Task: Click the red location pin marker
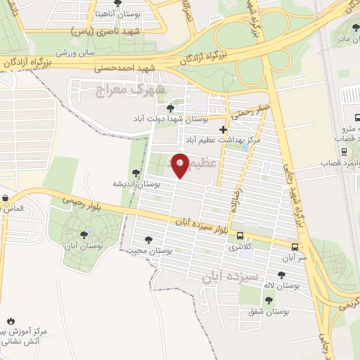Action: (181, 167)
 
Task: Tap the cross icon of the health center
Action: (223, 129)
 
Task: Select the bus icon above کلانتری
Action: (240, 236)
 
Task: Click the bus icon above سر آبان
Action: (295, 247)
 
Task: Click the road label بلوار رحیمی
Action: (98, 205)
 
